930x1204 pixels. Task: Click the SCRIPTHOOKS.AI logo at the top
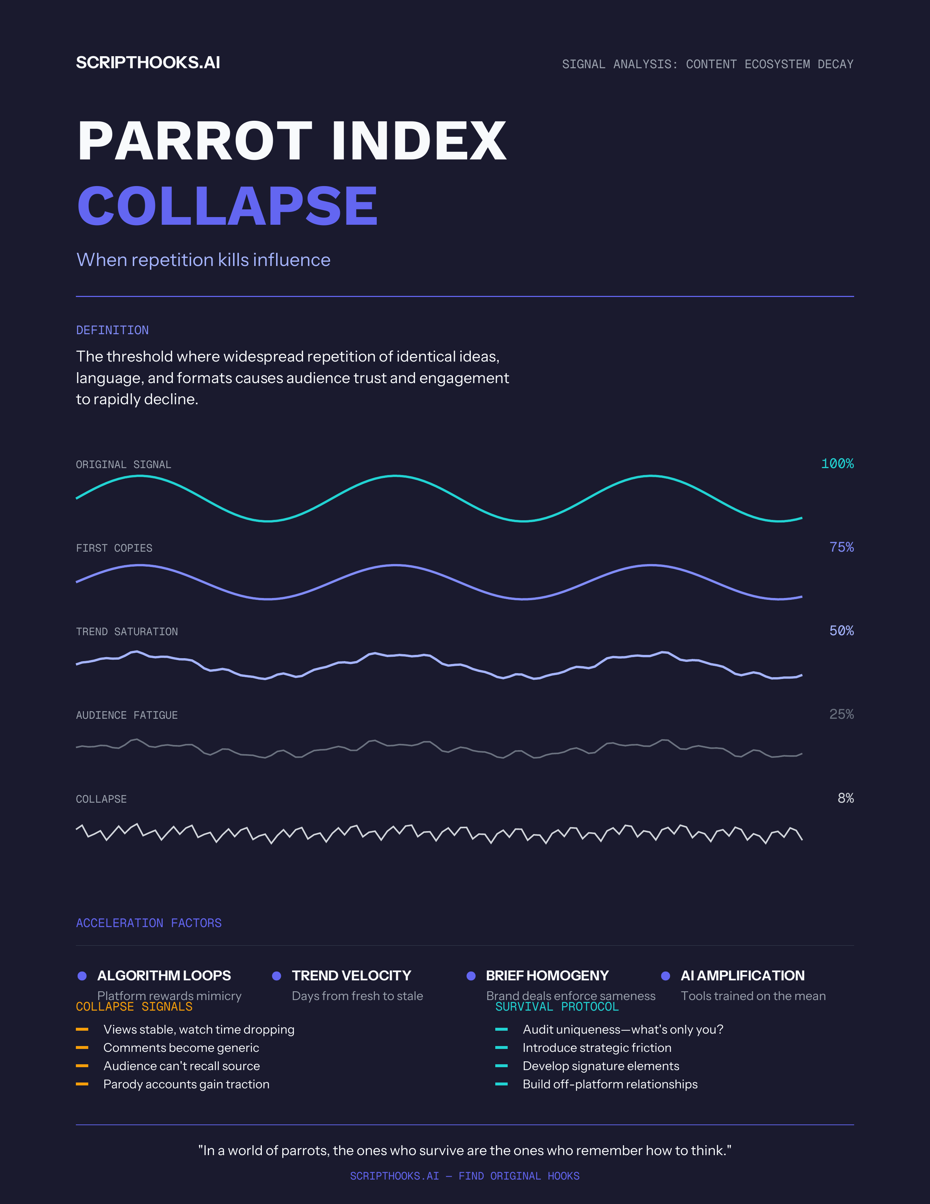(x=148, y=63)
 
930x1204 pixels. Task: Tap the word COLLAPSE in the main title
(x=227, y=206)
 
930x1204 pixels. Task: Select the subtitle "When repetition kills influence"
(x=203, y=260)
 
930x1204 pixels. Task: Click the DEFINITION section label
(x=112, y=330)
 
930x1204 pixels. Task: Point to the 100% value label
(x=837, y=464)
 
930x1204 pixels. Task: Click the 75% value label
(x=841, y=547)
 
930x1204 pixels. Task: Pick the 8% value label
(x=845, y=798)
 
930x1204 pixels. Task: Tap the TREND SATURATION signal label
(x=127, y=632)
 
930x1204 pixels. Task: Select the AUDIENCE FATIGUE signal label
(x=127, y=715)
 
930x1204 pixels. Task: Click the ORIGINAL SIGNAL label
(x=123, y=465)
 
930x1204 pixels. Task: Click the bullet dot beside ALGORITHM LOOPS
(x=82, y=976)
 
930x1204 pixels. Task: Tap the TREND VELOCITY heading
(x=352, y=976)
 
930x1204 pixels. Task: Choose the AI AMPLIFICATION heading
(x=742, y=976)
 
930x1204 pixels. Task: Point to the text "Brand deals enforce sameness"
(x=571, y=996)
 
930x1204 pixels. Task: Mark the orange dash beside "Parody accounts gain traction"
(x=82, y=1084)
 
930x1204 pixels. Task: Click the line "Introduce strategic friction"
(x=597, y=1048)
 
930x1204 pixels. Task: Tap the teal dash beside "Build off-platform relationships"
(x=501, y=1084)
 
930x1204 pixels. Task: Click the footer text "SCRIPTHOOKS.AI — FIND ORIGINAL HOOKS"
(x=464, y=1176)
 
